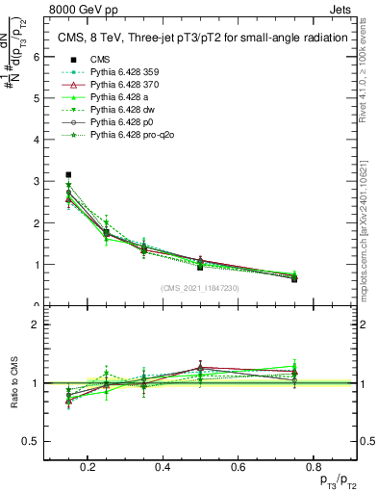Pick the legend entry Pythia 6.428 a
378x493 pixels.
[120, 97]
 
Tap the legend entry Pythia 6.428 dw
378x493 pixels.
[122, 110]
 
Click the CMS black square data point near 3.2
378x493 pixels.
[68, 174]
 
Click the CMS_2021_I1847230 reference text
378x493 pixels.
[201, 288]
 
